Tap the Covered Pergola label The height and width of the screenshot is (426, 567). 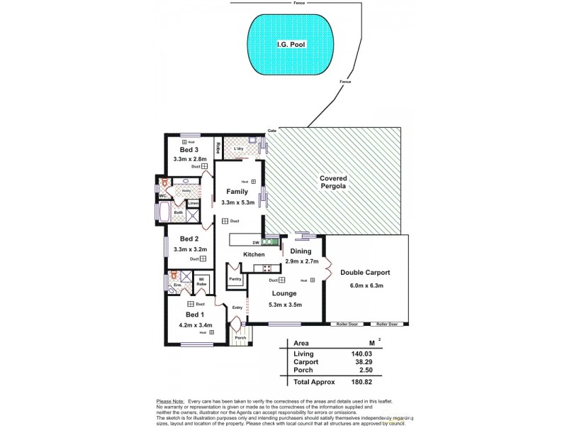332,182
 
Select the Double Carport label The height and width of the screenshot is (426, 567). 365,273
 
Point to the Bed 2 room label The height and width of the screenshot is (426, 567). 189,239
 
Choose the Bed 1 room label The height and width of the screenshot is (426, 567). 195,315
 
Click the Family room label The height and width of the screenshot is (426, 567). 236,192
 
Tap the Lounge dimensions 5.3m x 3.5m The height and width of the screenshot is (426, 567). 286,305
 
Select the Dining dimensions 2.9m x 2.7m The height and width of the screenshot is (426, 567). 301,262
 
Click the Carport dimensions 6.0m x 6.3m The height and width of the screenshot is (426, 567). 366,286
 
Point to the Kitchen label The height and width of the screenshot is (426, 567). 254,254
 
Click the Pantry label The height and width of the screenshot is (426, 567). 235,279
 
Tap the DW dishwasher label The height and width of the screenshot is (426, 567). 255,242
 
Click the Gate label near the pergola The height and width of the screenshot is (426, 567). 271,131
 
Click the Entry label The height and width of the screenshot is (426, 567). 237,307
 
